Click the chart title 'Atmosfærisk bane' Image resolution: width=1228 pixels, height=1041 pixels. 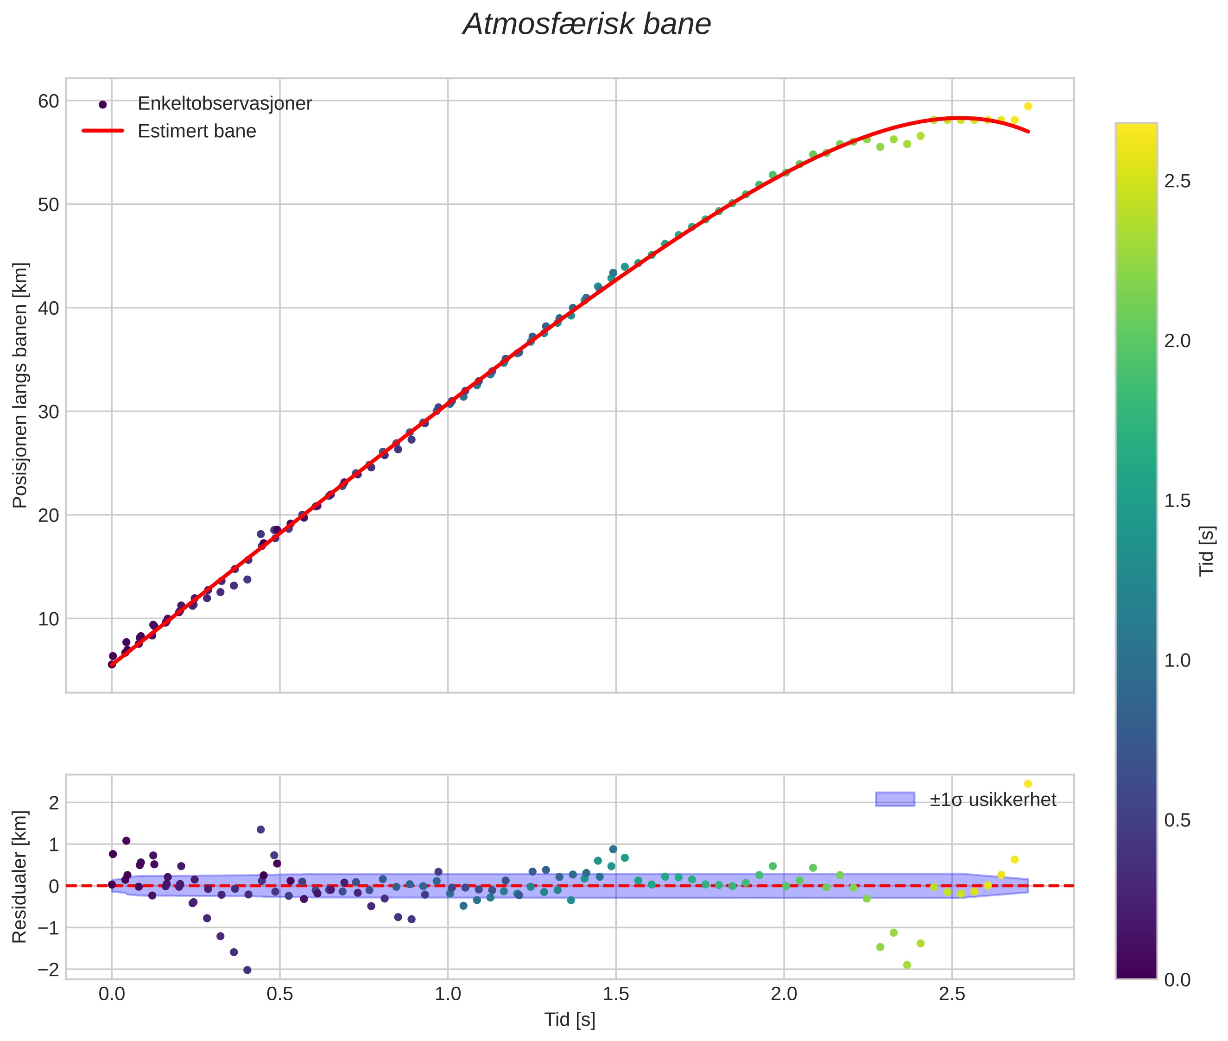(587, 25)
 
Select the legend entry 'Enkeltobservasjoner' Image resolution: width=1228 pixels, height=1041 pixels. (224, 103)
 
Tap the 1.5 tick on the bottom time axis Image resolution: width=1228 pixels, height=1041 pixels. (615, 994)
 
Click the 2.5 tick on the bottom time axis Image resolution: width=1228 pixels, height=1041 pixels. (951, 994)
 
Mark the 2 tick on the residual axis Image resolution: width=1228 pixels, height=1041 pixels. (53, 803)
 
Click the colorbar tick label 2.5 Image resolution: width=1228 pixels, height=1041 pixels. (1177, 181)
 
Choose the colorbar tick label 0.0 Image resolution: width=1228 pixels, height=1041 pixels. (1177, 980)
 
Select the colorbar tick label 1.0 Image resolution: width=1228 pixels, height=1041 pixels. (1177, 660)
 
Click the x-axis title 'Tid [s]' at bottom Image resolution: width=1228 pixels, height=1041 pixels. (570, 1020)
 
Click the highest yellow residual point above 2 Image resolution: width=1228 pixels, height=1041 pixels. (1028, 784)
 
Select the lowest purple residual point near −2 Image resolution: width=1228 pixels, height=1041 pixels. (247, 970)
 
